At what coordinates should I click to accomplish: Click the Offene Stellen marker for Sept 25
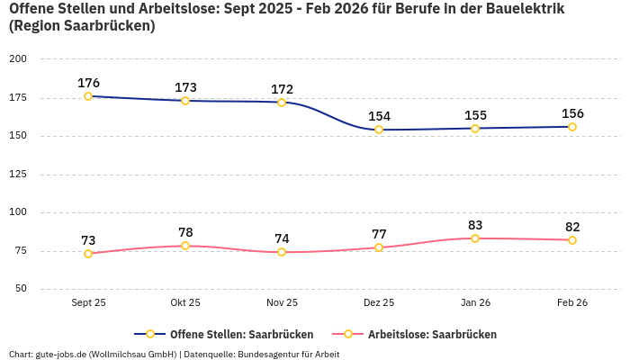pos(88,96)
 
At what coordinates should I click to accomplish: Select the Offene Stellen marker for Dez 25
pos(379,130)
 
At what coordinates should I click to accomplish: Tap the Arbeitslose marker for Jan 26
pos(475,238)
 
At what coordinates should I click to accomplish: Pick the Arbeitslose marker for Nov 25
pos(282,252)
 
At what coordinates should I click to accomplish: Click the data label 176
pos(88,83)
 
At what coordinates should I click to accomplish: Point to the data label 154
pos(379,116)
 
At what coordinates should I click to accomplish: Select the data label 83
pos(475,225)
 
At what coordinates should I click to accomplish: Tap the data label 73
pos(88,240)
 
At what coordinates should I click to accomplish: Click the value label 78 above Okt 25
pos(185,232)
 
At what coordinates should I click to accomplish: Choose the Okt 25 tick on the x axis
pos(185,302)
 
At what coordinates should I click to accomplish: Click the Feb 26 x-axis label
pos(572,302)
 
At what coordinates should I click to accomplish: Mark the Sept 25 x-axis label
pos(88,302)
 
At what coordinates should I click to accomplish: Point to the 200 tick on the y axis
pos(18,59)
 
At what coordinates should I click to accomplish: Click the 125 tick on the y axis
pos(18,175)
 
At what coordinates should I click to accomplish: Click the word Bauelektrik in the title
pos(521,9)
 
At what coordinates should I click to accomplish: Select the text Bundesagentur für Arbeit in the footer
pos(289,354)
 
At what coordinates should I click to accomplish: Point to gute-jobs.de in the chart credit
pos(60,354)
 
